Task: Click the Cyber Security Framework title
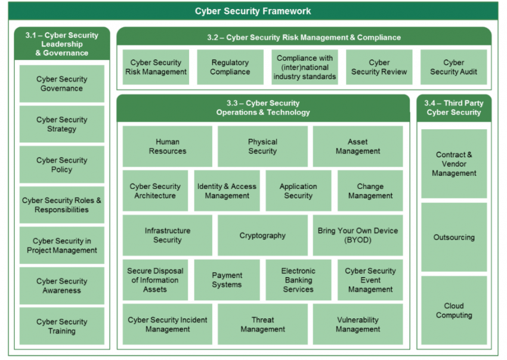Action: (253, 11)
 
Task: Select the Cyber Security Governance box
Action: (61, 83)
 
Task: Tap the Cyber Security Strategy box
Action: (61, 124)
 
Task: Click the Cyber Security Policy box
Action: (61, 165)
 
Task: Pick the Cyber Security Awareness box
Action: (61, 285)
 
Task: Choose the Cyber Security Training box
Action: (61, 326)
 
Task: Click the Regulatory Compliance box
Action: (230, 67)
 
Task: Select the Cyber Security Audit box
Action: (453, 67)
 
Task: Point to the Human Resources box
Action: (167, 146)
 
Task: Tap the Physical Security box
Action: (262, 146)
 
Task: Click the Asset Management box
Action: (358, 146)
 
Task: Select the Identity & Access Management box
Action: (227, 191)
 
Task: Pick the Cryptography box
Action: (262, 235)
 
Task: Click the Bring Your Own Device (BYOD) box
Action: (358, 235)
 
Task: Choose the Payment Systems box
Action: (227, 280)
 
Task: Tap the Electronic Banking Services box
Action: (298, 280)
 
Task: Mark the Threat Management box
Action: (262, 324)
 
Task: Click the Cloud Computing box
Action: (454, 311)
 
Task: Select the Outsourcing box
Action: (454, 237)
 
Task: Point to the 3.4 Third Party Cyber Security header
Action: (454, 107)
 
